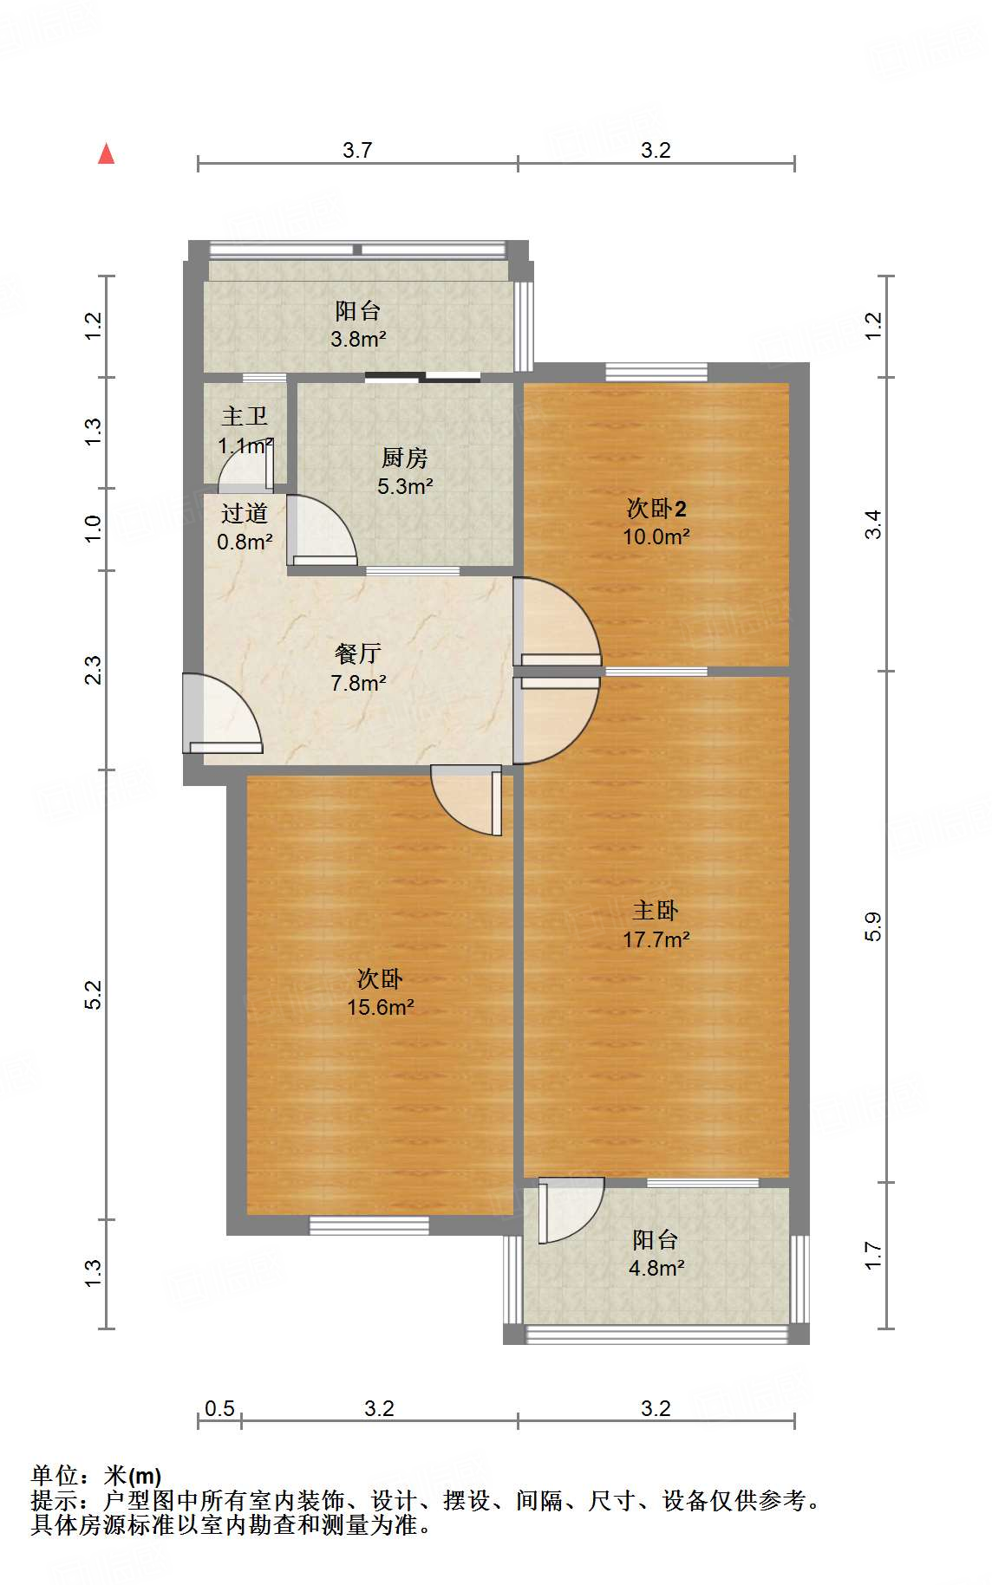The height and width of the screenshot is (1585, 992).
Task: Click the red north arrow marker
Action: [106, 154]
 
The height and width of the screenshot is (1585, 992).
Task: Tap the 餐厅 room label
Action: [357, 653]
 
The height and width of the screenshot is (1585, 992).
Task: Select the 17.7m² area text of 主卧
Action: [656, 939]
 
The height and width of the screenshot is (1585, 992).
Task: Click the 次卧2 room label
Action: [656, 509]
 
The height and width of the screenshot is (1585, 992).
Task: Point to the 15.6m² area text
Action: [380, 1008]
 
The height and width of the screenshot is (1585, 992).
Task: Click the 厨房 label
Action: [405, 458]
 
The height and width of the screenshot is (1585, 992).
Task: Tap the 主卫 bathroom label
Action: [245, 417]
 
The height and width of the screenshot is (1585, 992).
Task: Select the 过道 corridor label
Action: [245, 514]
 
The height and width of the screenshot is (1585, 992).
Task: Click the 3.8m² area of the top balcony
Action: [357, 340]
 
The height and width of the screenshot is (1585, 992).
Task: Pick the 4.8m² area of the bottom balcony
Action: [656, 1269]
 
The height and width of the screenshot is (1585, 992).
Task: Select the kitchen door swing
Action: [321, 530]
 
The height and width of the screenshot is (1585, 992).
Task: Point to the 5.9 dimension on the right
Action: [872, 926]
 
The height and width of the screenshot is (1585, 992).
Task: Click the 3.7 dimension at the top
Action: [357, 150]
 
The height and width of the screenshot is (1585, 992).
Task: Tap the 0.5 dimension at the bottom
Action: [219, 1408]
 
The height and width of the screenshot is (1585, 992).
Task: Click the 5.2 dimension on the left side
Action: [93, 994]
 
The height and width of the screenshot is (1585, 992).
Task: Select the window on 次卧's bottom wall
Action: [369, 1225]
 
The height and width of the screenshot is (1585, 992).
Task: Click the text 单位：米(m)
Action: [96, 1476]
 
